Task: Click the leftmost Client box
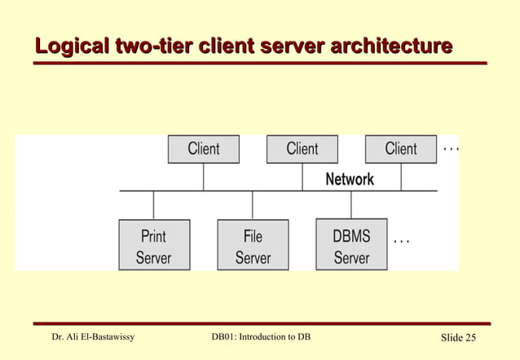[203, 149]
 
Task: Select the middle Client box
[302, 149]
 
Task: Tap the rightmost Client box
[400, 149]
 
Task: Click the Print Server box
[154, 246]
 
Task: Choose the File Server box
[253, 246]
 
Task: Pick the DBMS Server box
[351, 246]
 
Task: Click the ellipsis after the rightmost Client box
[450, 150]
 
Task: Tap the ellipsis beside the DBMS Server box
[401, 241]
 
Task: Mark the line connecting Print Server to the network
[154, 205]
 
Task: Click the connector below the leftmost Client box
[204, 177]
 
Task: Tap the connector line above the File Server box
[253, 205]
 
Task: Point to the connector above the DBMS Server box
[351, 205]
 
